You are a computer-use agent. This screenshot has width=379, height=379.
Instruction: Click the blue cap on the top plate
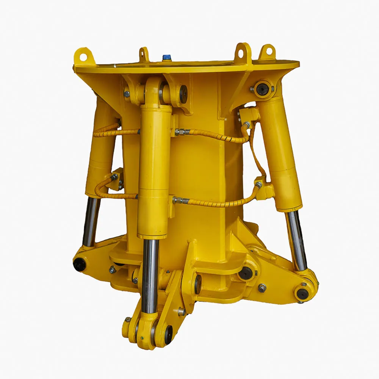tap(166, 57)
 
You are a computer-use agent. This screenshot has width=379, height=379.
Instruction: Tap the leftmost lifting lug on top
tap(83, 56)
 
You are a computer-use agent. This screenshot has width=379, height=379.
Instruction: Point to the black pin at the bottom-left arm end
tap(79, 264)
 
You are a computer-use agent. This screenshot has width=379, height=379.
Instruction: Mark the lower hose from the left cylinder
tap(114, 195)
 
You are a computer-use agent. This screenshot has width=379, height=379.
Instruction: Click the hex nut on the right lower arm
tap(262, 288)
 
